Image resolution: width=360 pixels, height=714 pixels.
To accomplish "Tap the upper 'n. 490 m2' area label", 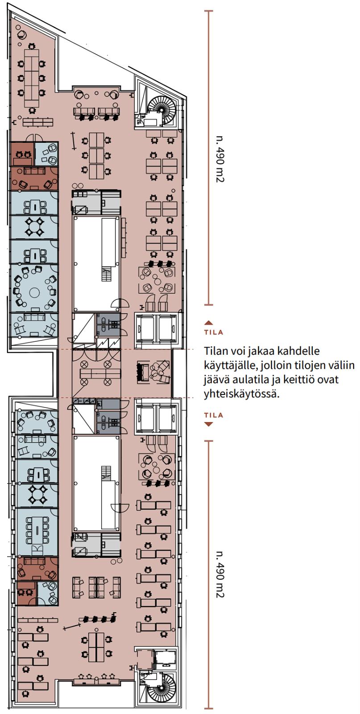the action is click(x=220, y=159).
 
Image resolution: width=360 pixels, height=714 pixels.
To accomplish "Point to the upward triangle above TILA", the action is click(x=209, y=323).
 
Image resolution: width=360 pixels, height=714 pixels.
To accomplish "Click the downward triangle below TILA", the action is click(x=209, y=424).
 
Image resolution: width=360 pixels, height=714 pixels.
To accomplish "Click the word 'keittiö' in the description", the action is click(x=311, y=379).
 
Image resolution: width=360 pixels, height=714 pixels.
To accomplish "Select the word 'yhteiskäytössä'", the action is click(x=241, y=394).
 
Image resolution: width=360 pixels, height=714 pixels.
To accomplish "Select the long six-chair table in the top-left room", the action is click(x=32, y=78).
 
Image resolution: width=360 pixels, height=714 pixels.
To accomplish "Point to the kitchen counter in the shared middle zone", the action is click(x=100, y=373).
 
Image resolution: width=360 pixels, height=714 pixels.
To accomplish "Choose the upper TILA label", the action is click(x=214, y=332).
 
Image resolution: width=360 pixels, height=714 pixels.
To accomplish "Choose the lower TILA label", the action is click(x=214, y=415).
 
